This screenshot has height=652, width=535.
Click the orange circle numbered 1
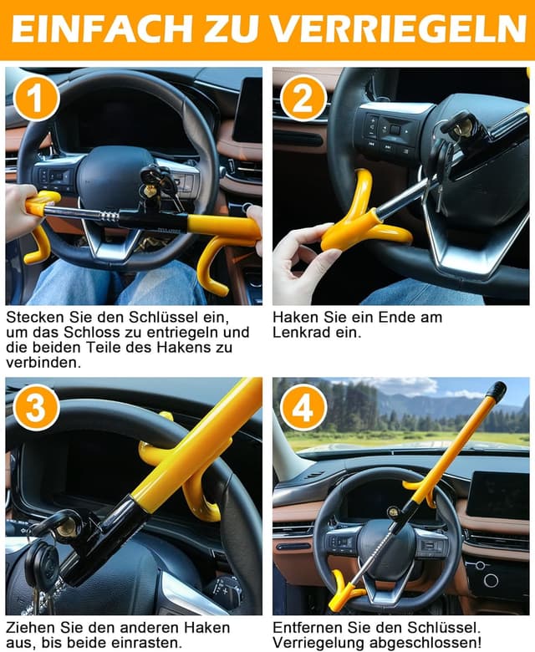[x=36, y=99]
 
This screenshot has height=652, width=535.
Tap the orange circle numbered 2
[x=303, y=99]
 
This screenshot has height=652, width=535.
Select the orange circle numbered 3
[x=36, y=407]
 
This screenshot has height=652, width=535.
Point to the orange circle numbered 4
[x=303, y=407]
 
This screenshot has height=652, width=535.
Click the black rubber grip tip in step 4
[x=496, y=390]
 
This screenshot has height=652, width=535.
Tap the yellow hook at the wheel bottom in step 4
[x=344, y=590]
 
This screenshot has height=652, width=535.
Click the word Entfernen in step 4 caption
[x=308, y=627]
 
